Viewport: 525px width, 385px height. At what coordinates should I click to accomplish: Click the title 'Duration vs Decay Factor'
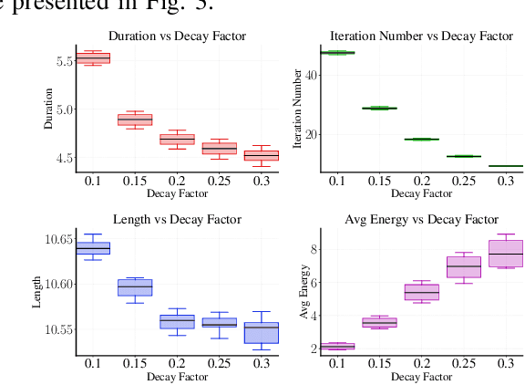(x=177, y=36)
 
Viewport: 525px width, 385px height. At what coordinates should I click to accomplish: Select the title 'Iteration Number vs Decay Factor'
(x=421, y=36)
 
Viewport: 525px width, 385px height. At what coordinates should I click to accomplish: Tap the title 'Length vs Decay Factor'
(x=177, y=220)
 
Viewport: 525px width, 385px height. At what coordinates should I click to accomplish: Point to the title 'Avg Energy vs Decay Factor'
(x=421, y=220)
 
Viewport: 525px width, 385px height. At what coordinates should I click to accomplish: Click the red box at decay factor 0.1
(x=93, y=58)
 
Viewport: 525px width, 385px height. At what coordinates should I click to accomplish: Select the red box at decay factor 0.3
(x=262, y=156)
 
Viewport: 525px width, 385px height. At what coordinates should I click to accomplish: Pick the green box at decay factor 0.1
(x=337, y=53)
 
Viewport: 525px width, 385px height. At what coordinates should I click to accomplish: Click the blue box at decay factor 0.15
(x=135, y=287)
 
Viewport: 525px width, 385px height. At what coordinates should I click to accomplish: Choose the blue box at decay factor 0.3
(x=262, y=332)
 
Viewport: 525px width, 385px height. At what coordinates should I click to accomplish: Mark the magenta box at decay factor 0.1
(x=337, y=347)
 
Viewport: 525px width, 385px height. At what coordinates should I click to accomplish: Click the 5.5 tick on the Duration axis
(x=64, y=61)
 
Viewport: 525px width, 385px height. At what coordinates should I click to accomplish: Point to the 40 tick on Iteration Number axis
(x=309, y=75)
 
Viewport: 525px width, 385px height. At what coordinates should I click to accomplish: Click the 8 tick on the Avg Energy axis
(x=312, y=248)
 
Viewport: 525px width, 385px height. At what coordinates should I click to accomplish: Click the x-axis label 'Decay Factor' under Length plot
(x=177, y=376)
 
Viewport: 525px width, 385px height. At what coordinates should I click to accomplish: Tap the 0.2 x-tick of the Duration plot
(x=177, y=181)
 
